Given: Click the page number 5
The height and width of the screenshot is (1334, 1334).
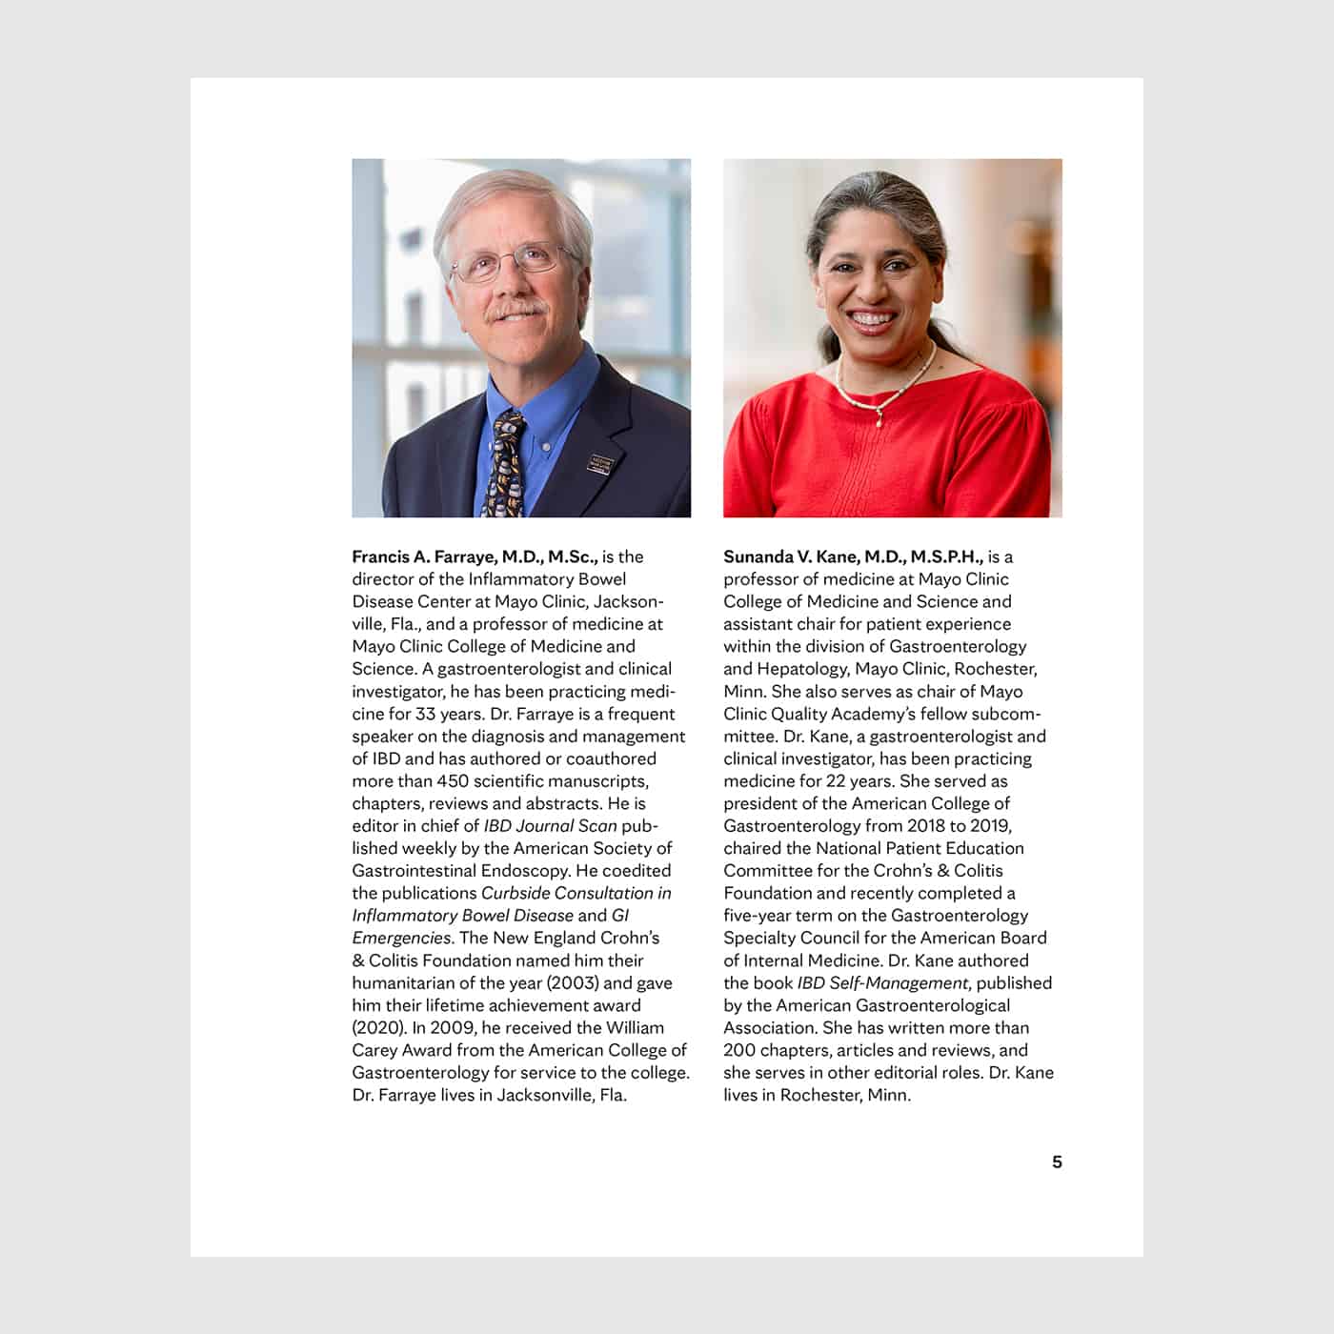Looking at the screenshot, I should click(1057, 1162).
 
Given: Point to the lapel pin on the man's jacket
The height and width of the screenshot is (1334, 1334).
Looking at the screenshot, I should click(602, 464).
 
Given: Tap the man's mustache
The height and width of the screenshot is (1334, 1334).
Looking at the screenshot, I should click(517, 310).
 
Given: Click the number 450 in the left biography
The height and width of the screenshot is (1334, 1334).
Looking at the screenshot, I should click(453, 781).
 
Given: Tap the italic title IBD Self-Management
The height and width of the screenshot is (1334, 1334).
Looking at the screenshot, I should click(883, 982).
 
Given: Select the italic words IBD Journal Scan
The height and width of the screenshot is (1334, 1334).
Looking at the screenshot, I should click(550, 826).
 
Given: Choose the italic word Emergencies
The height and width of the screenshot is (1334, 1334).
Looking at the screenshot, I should click(401, 938).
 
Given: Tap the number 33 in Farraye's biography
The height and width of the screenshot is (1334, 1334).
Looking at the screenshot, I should click(426, 714).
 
